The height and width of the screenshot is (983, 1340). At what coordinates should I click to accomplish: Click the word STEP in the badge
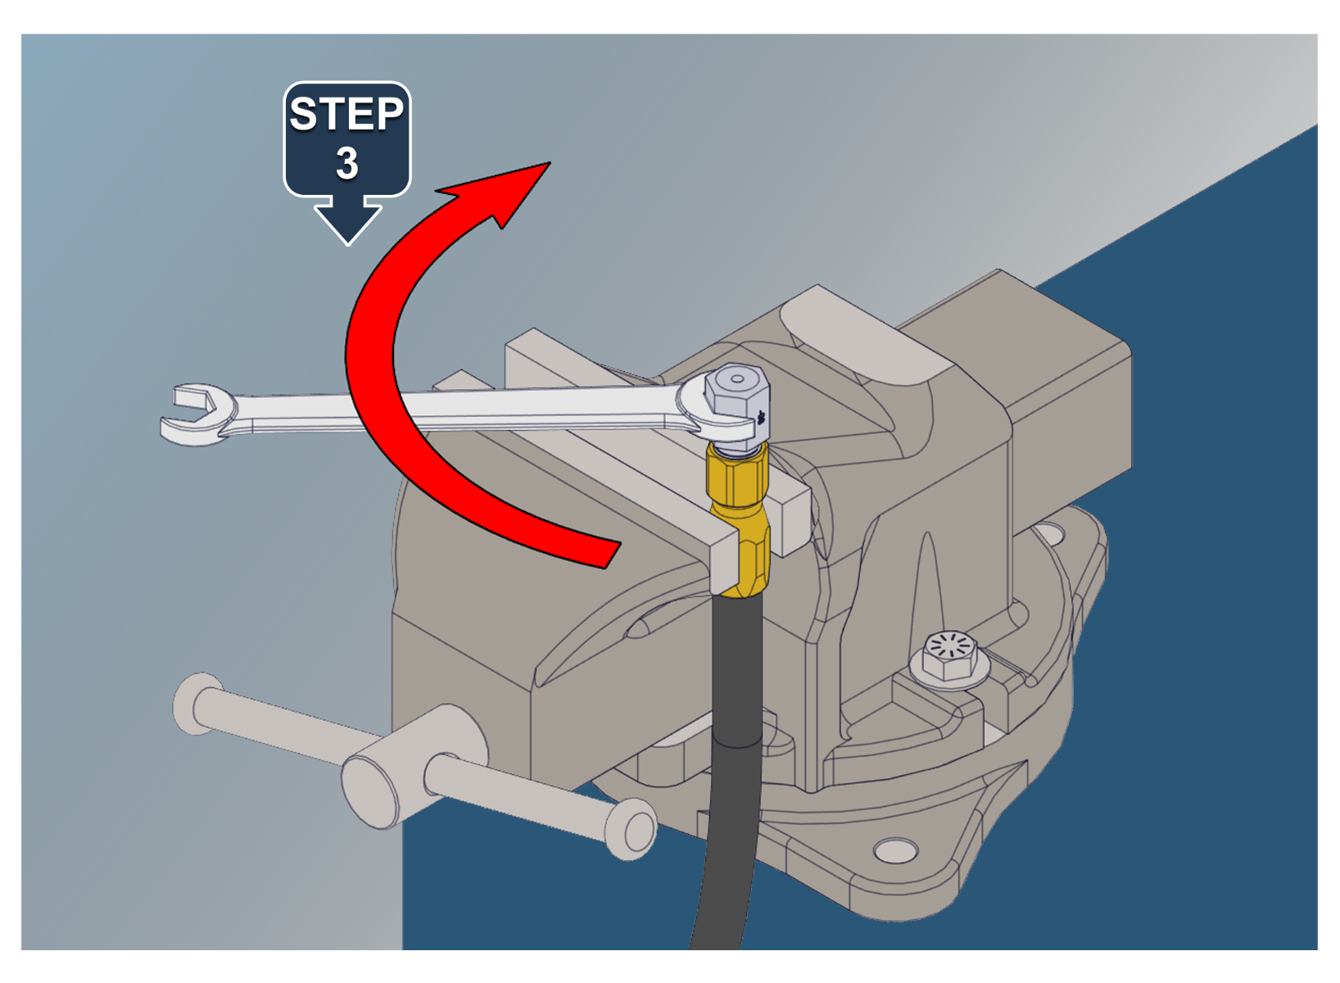(x=347, y=114)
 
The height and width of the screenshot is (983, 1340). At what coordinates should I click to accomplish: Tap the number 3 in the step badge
(x=347, y=163)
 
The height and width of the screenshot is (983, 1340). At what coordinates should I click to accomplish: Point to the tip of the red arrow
(x=550, y=162)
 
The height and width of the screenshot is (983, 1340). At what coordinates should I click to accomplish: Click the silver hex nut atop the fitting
(x=737, y=406)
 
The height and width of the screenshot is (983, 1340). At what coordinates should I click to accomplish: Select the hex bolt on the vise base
(x=950, y=658)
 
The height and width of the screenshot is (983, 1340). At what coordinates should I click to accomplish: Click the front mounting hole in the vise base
(x=895, y=850)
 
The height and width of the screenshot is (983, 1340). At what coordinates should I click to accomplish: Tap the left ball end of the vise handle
(x=197, y=704)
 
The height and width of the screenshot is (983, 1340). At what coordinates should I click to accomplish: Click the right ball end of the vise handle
(x=632, y=830)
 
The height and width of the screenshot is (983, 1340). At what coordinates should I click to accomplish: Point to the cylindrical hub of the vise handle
(x=413, y=766)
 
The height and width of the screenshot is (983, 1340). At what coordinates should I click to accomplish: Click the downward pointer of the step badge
(x=347, y=223)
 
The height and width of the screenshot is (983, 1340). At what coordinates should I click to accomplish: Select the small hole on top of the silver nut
(x=738, y=378)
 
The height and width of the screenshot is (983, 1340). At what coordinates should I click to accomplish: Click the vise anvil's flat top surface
(x=862, y=338)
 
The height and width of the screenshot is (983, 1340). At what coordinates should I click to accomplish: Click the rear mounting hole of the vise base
(x=1051, y=532)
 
